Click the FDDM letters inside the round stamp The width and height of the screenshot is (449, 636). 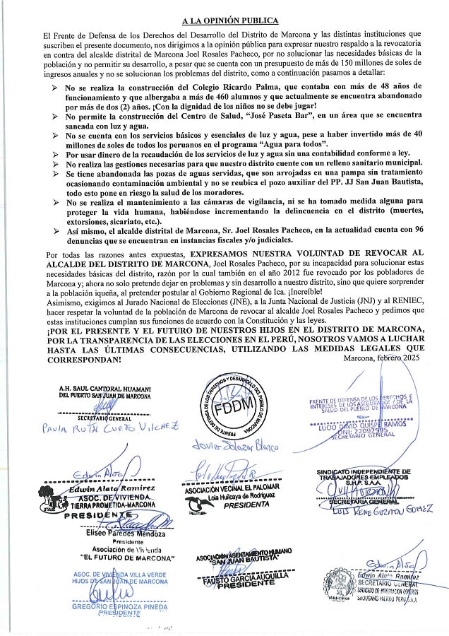click(x=237, y=411)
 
